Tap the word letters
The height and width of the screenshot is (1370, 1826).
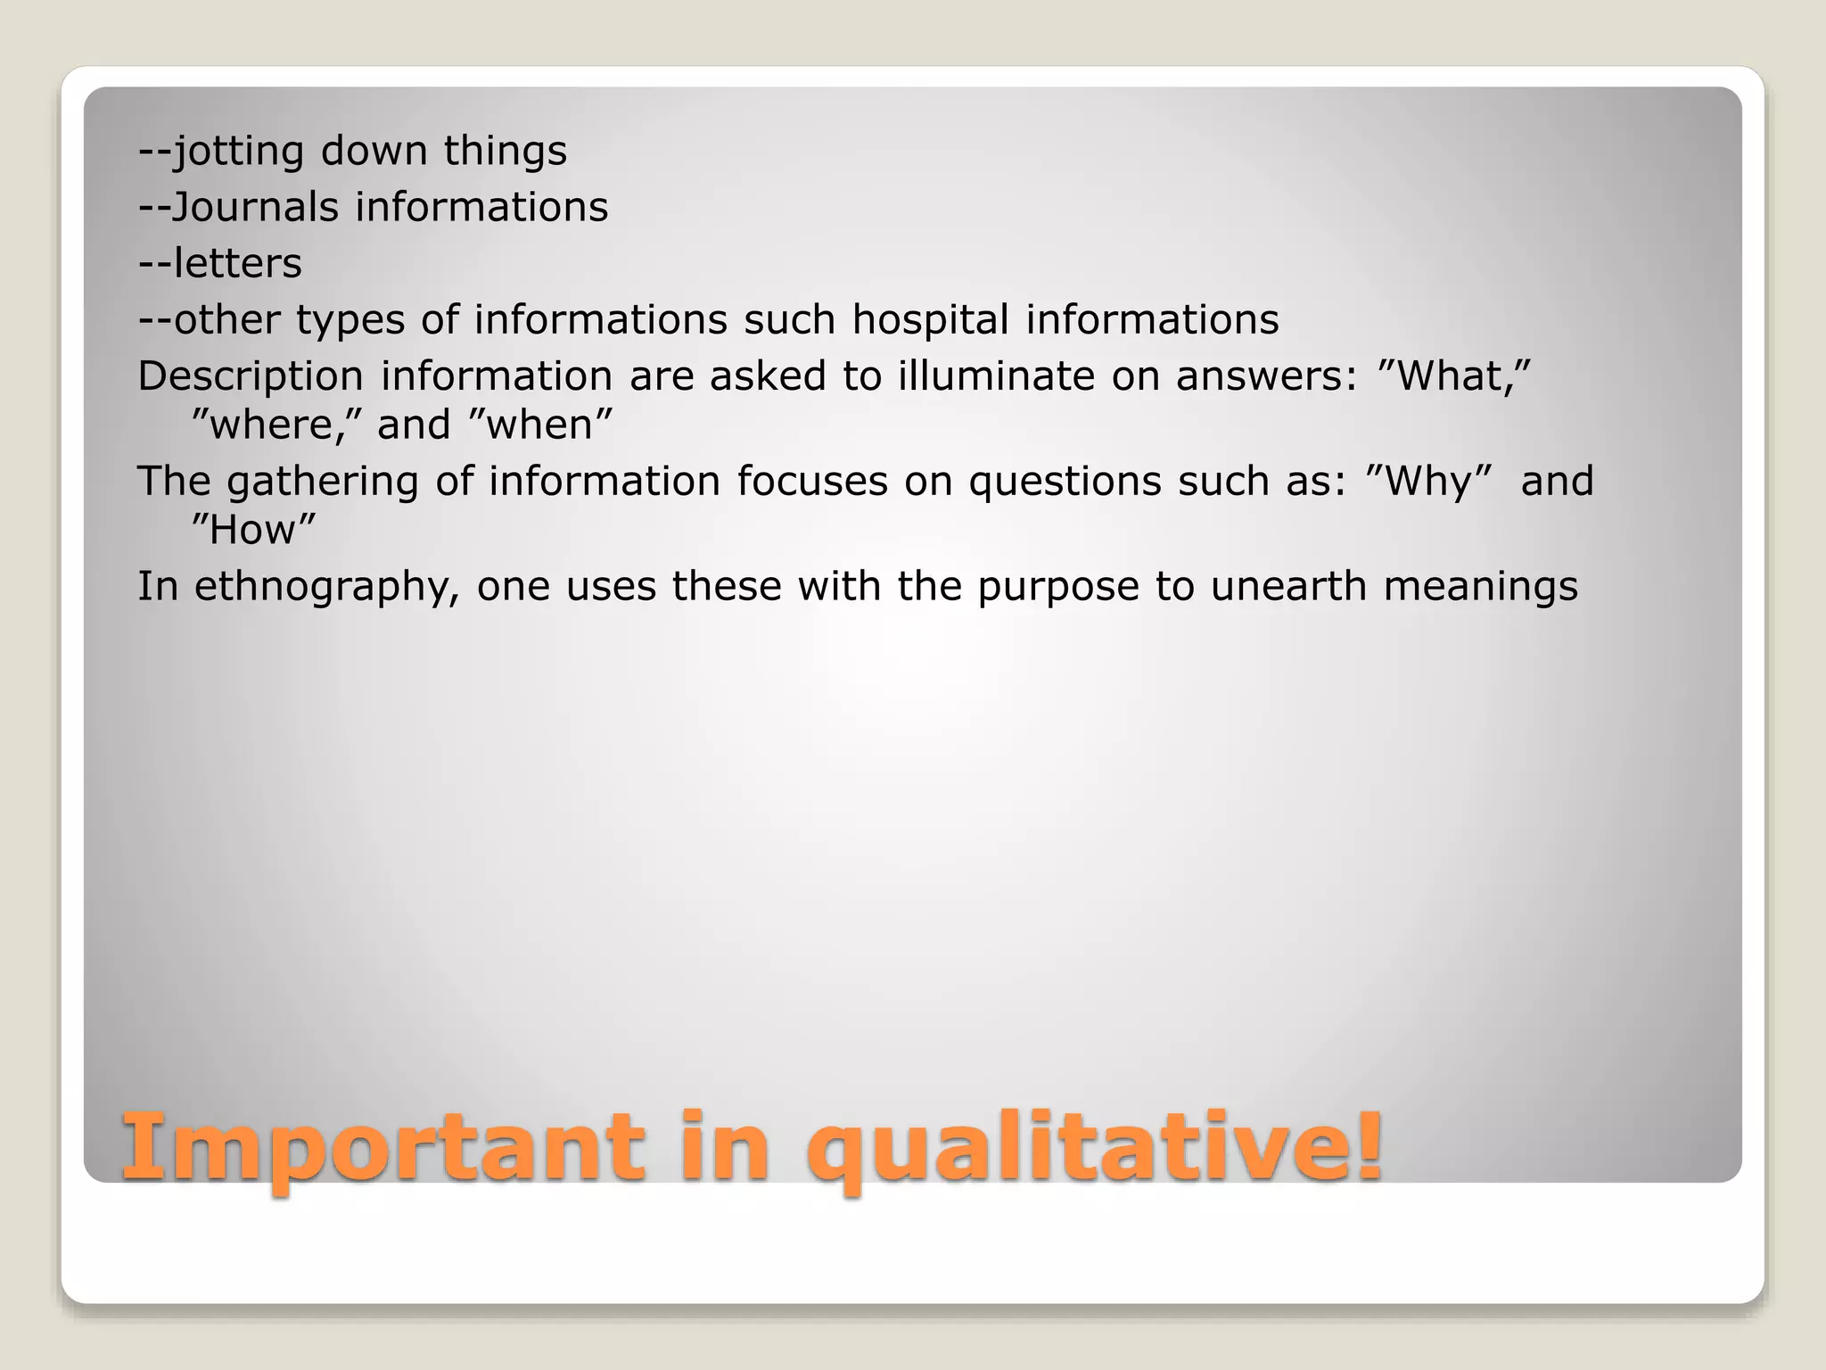click(238, 263)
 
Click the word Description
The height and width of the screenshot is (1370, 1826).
click(251, 376)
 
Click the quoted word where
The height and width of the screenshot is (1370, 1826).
click(277, 425)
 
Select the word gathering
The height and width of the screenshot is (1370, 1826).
click(322, 482)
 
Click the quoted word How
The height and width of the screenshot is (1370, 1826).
click(254, 530)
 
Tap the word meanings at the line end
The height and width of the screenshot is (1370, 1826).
click(1480, 587)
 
